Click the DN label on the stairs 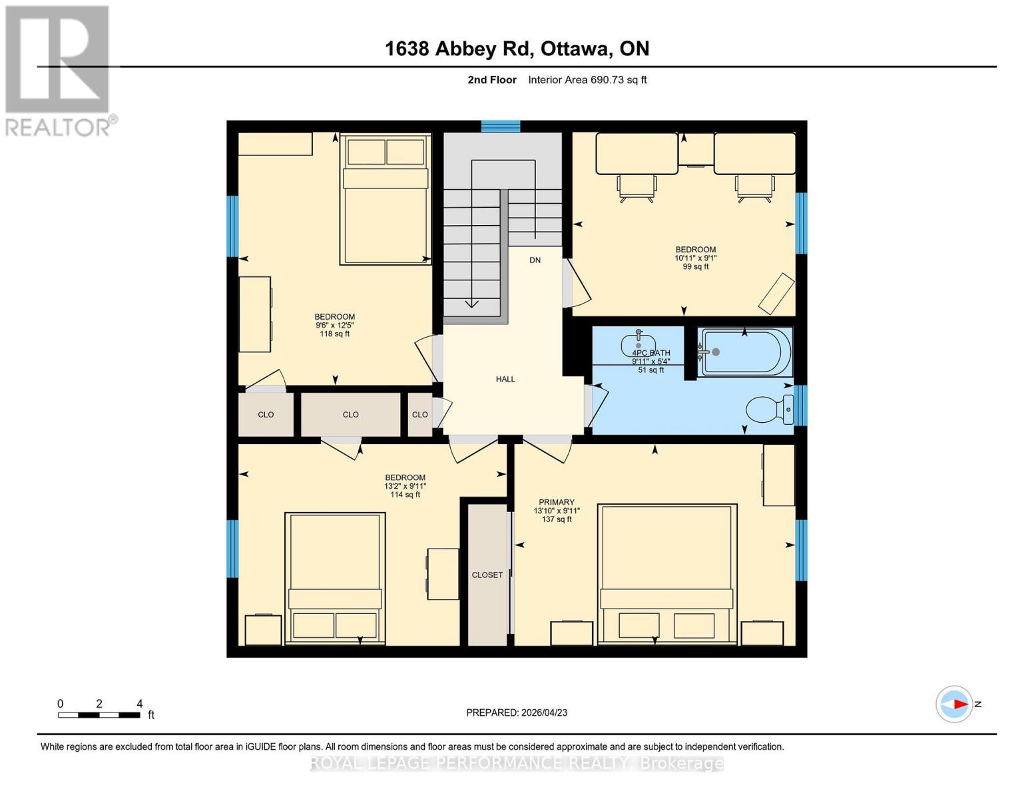(x=535, y=260)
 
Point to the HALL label (x=505, y=380)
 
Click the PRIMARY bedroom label (x=556, y=502)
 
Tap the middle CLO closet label (x=350, y=415)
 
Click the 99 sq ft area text (x=695, y=267)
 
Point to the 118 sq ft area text (x=334, y=334)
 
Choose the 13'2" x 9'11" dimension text (x=405, y=486)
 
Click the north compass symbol (x=955, y=704)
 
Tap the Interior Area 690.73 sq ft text (x=587, y=80)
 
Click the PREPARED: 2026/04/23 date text (x=516, y=712)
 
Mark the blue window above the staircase (x=501, y=127)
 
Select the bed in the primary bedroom (x=667, y=574)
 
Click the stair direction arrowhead (x=471, y=304)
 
